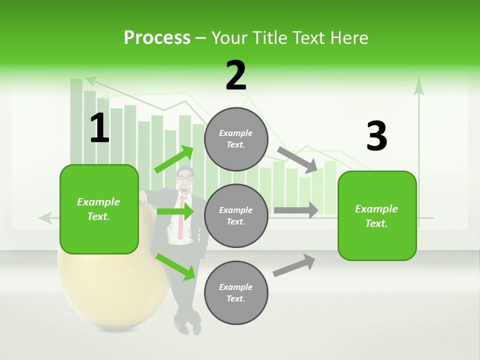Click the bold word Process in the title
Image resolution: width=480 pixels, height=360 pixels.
click(157, 37)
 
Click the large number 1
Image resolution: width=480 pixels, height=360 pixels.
click(99, 128)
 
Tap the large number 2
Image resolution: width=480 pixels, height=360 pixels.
click(236, 75)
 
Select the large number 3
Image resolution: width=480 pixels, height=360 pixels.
click(376, 136)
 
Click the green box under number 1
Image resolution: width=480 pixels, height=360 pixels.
click(99, 209)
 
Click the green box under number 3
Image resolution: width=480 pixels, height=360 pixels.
click(377, 216)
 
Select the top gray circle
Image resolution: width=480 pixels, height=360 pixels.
click(236, 139)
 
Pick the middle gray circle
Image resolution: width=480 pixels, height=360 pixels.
click(236, 215)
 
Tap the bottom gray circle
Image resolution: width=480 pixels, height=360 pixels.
click(236, 292)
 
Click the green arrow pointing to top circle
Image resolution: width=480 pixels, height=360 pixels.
click(174, 159)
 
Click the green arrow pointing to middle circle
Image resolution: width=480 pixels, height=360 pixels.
click(174, 211)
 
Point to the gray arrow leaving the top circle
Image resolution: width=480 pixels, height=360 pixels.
click(298, 159)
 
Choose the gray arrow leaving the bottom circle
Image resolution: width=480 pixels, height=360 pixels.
click(294, 265)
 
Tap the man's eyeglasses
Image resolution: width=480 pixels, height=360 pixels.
click(184, 177)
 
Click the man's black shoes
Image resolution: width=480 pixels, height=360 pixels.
click(189, 328)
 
